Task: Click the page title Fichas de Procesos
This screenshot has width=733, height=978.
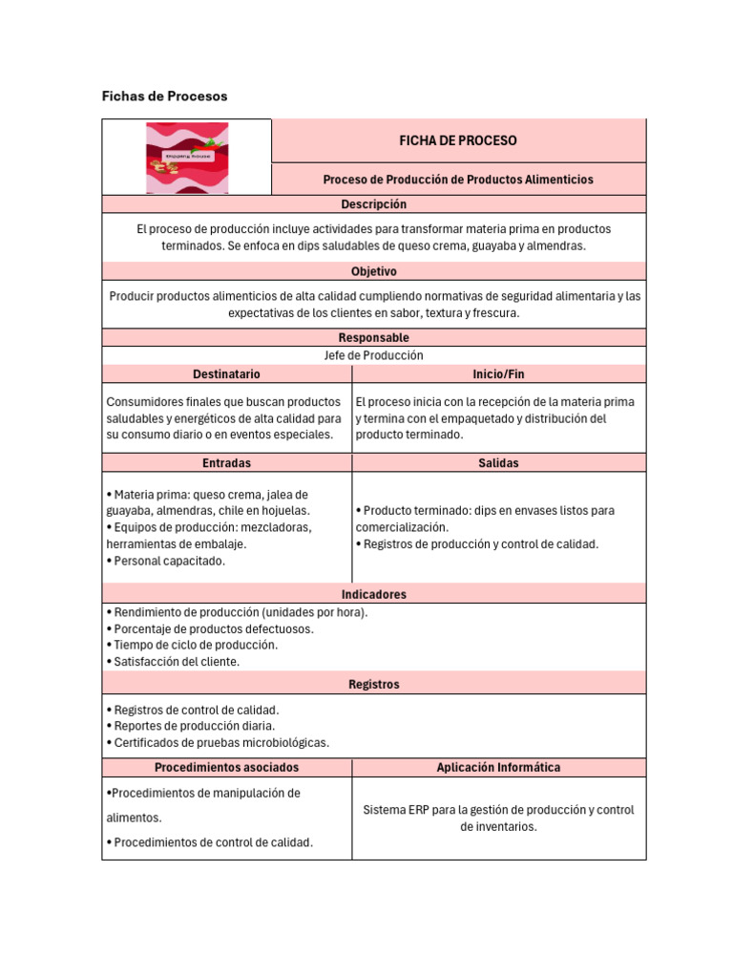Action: point(164,96)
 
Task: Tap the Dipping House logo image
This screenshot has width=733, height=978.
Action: point(187,158)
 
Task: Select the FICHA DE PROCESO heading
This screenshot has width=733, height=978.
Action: point(458,140)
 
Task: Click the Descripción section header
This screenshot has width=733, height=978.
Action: point(373,204)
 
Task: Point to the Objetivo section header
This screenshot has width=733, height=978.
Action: point(373,272)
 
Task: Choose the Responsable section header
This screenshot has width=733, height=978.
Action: point(373,338)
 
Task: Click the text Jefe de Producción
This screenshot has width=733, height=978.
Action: point(373,355)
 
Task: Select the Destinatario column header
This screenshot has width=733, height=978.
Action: point(226,374)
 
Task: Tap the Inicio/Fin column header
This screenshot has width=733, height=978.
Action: point(498,374)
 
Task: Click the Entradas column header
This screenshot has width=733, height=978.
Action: point(226,463)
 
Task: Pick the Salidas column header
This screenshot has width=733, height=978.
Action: point(498,463)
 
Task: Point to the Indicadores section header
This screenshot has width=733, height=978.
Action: point(373,594)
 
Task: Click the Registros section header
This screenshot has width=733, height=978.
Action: point(373,685)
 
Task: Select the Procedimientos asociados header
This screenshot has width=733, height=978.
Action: point(226,768)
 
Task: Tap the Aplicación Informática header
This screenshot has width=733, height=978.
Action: point(498,768)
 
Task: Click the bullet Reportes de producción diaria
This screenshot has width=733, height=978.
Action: point(194,727)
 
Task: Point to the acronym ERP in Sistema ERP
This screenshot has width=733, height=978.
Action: point(417,810)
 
